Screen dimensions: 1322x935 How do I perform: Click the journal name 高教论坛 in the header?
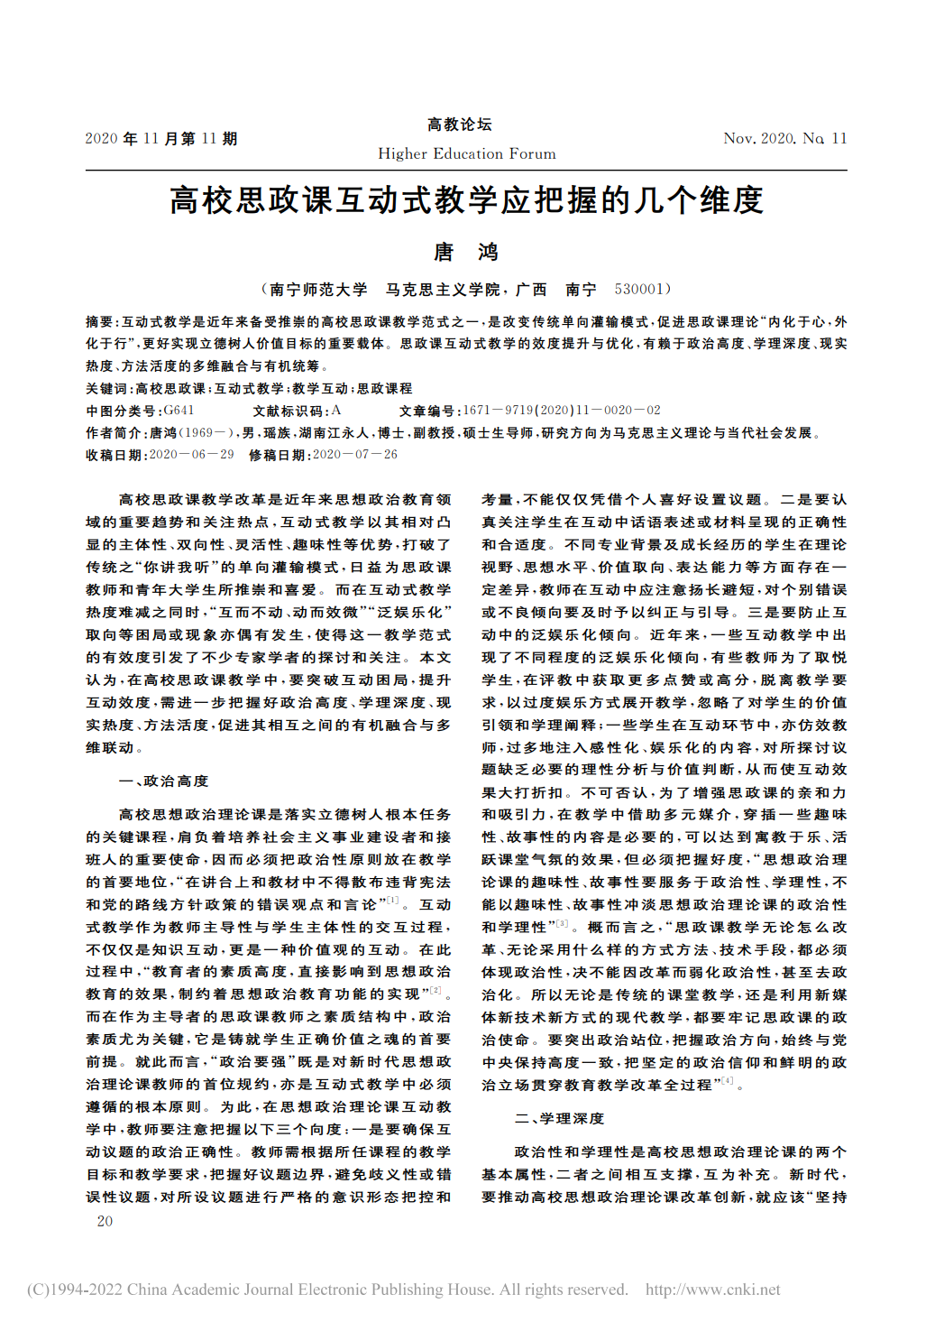point(460,125)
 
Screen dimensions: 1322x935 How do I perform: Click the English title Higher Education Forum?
point(466,153)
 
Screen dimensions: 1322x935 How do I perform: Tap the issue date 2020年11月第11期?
point(161,138)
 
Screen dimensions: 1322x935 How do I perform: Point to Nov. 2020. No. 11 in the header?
point(784,138)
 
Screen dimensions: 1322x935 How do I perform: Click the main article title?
point(466,199)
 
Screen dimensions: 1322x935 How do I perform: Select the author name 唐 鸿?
point(466,252)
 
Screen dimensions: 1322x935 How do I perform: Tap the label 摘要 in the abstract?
point(99,322)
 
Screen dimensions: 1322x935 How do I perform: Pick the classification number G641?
point(179,411)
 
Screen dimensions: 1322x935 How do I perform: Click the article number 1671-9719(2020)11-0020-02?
point(562,411)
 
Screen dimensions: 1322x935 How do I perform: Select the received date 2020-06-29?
point(191,455)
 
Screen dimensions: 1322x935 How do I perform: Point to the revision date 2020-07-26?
point(355,455)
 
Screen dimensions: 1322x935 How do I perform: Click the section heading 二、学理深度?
point(559,1118)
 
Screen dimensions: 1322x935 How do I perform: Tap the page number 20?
point(105,1221)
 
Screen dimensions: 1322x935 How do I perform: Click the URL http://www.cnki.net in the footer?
point(712,1290)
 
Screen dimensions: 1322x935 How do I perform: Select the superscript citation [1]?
point(393,900)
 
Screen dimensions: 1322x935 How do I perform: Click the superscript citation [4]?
point(728,1080)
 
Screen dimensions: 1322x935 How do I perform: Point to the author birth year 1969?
point(197,433)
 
